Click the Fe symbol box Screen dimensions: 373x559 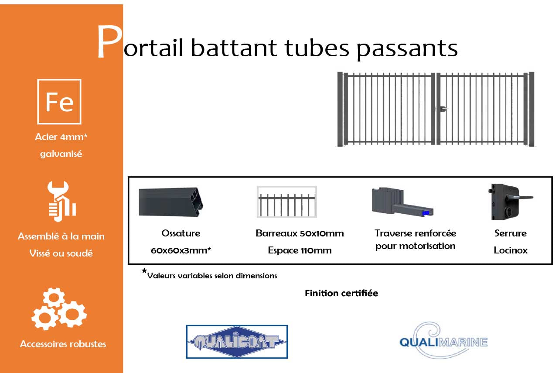click(59, 102)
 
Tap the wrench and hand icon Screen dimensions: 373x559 click(61, 200)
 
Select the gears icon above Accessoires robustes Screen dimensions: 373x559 click(59, 309)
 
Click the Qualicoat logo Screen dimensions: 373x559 click(237, 342)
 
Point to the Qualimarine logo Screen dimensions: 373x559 click(443, 341)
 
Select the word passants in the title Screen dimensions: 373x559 click(407, 48)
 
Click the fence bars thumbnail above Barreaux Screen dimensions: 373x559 click(286, 202)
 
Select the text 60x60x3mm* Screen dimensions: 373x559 click(181, 250)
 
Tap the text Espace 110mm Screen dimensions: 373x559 click(300, 250)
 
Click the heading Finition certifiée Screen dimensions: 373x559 click(341, 293)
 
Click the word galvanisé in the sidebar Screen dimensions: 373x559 click(61, 154)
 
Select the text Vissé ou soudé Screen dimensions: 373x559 click(61, 253)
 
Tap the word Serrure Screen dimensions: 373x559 click(510, 233)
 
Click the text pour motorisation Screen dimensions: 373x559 click(415, 246)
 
